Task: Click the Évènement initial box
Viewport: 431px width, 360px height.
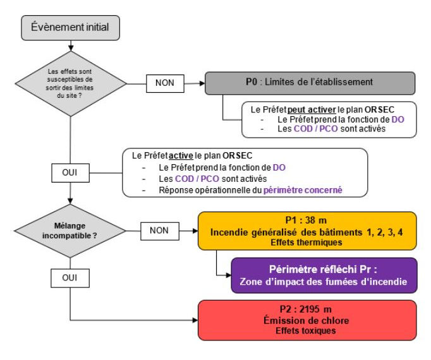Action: pos(70,28)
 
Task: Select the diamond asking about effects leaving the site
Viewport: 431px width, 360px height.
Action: pos(71,84)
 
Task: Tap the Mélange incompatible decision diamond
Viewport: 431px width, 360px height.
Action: pos(70,231)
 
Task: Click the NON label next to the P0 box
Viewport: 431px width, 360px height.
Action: pos(165,83)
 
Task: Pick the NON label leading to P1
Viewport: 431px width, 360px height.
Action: pos(160,231)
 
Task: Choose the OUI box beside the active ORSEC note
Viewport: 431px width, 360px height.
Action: pos(70,173)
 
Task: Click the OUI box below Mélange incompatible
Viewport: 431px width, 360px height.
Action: pos(70,278)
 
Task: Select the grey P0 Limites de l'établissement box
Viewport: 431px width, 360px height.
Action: pos(310,83)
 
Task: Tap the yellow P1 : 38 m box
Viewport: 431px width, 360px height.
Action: pos(307,231)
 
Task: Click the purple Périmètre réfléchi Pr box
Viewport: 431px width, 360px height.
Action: pos(324,275)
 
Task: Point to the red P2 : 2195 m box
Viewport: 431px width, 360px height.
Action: pos(307,320)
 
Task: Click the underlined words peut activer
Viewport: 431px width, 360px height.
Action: pos(312,110)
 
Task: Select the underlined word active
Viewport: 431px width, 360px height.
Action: pos(181,156)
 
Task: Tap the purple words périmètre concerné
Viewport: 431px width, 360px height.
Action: pos(303,190)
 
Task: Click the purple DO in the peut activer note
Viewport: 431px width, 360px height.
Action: pos(398,119)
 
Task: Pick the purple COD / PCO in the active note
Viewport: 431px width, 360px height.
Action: pos(197,179)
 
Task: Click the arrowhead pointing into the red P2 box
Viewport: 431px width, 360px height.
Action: pos(195,320)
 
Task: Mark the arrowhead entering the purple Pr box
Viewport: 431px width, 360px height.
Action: pos(228,275)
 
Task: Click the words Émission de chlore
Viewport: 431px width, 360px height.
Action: pos(307,320)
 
